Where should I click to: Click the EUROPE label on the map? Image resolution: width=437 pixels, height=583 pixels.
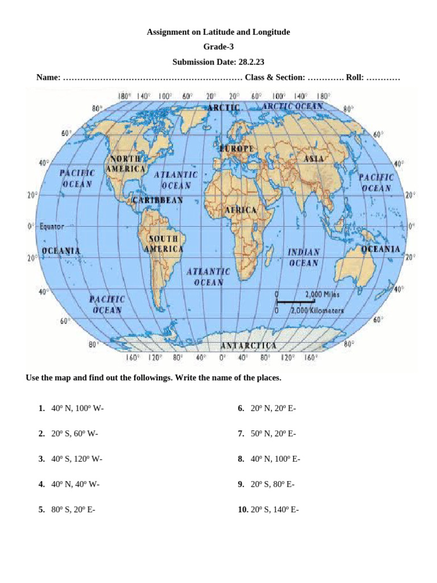tap(237, 149)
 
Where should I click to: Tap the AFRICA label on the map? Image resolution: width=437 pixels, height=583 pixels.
tap(241, 210)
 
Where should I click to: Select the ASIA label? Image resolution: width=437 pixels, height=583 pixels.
tap(314, 159)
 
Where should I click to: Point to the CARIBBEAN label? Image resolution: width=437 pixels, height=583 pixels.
tap(158, 200)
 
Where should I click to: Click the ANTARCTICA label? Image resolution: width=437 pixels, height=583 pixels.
tap(249, 346)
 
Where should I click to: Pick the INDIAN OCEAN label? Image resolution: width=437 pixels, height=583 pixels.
tap(304, 257)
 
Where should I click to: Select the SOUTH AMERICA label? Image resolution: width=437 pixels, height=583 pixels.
tap(164, 244)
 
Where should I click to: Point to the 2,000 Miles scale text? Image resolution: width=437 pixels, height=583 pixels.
tap(322, 294)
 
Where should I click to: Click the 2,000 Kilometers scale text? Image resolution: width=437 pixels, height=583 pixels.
tap(317, 311)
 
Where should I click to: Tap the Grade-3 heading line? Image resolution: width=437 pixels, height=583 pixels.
tap(218, 47)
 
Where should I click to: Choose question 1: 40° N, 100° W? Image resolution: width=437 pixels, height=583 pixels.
tap(77, 408)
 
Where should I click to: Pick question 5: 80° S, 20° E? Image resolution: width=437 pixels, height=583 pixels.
tap(73, 510)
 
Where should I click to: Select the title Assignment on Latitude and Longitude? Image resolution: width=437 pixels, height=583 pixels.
tap(218, 32)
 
